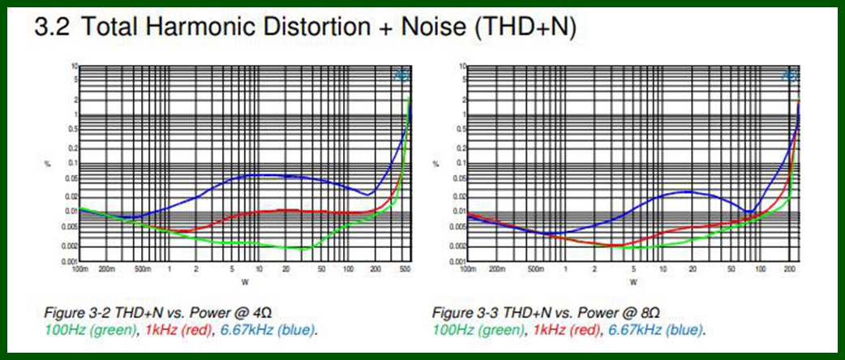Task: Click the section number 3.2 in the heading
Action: coord(52,28)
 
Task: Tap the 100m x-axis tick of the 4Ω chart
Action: coord(79,268)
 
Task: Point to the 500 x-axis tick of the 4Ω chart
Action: coord(404,268)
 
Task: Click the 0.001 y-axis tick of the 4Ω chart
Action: coord(71,262)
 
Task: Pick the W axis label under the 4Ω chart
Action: coord(245,282)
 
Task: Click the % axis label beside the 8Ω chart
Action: coord(439,165)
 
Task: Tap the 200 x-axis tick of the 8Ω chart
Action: coord(787,268)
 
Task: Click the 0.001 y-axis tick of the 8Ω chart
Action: coord(460,262)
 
